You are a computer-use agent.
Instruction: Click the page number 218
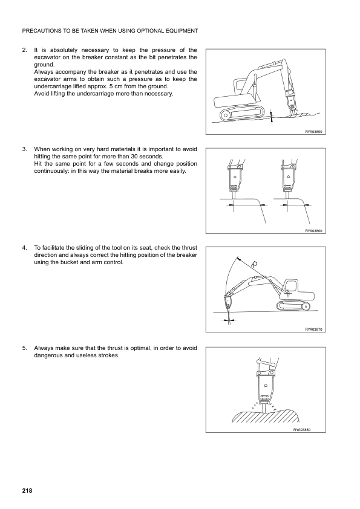click(x=27, y=490)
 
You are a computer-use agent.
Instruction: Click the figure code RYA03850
click(x=313, y=132)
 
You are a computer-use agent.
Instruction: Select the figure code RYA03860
click(x=313, y=231)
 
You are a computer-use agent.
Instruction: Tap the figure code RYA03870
click(x=313, y=329)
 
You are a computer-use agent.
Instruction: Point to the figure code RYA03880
click(x=302, y=429)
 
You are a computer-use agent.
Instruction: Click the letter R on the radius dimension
click(x=254, y=265)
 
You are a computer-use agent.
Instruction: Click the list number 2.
click(x=24, y=50)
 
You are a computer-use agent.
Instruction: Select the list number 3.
click(x=24, y=149)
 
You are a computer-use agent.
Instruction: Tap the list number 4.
click(x=24, y=248)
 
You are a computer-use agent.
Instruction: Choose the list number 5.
click(x=24, y=348)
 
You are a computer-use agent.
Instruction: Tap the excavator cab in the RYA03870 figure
click(x=291, y=287)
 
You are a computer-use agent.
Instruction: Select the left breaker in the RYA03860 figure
click(x=235, y=179)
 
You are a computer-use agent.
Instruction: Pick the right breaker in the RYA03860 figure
click(x=289, y=179)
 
